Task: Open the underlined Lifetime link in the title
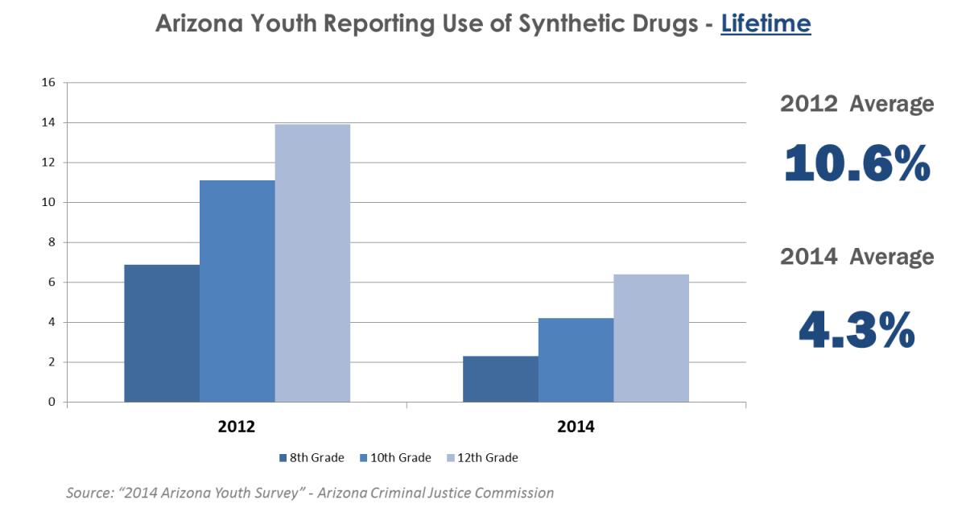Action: pos(766,23)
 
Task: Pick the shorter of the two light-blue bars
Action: pos(651,337)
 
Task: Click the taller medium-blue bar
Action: pos(237,291)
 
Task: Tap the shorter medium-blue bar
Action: pos(576,360)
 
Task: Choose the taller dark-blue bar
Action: pos(162,332)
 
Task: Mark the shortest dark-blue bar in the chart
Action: pos(500,378)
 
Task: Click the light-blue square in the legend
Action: pos(451,458)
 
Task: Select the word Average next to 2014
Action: pos(894,257)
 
